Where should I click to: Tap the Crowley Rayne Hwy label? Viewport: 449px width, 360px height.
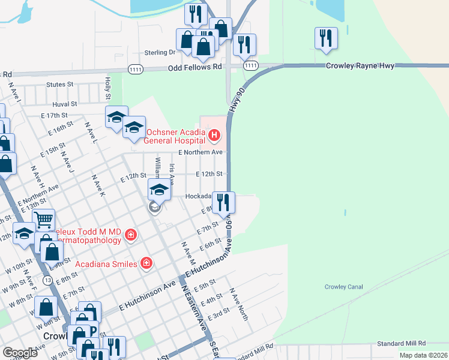360,65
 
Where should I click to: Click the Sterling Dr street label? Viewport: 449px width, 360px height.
160,53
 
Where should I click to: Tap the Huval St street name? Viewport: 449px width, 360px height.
63,104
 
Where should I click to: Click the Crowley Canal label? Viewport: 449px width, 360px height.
344,287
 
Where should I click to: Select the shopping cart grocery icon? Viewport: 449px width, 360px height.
44,220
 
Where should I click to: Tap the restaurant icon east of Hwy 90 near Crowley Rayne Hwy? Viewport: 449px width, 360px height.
326,38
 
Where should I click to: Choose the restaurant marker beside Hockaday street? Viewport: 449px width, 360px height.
224,203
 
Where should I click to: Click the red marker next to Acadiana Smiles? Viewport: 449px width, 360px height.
145,263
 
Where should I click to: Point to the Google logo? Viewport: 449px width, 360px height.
20,353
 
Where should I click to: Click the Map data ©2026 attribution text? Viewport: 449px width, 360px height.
423,355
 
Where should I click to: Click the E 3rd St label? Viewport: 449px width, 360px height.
218,314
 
